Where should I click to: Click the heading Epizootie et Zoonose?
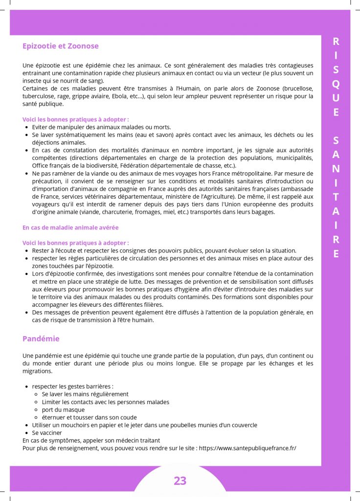(x=61, y=46)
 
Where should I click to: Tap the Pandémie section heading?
(x=41, y=339)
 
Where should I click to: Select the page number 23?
(x=180, y=480)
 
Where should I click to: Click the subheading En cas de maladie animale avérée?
(x=70, y=228)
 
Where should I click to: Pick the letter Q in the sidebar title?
(x=336, y=83)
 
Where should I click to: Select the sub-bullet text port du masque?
(x=63, y=410)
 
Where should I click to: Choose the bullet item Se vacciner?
(x=47, y=433)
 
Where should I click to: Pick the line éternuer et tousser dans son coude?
(x=90, y=417)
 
